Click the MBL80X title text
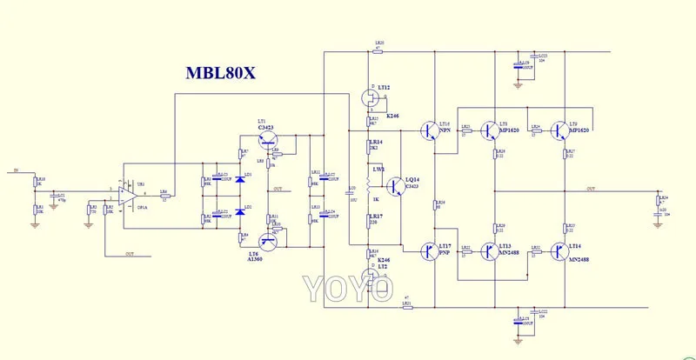point(220,72)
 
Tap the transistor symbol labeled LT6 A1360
point(268,240)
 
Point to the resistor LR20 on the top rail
point(378,51)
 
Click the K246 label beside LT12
point(392,116)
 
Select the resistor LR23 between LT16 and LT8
point(465,131)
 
